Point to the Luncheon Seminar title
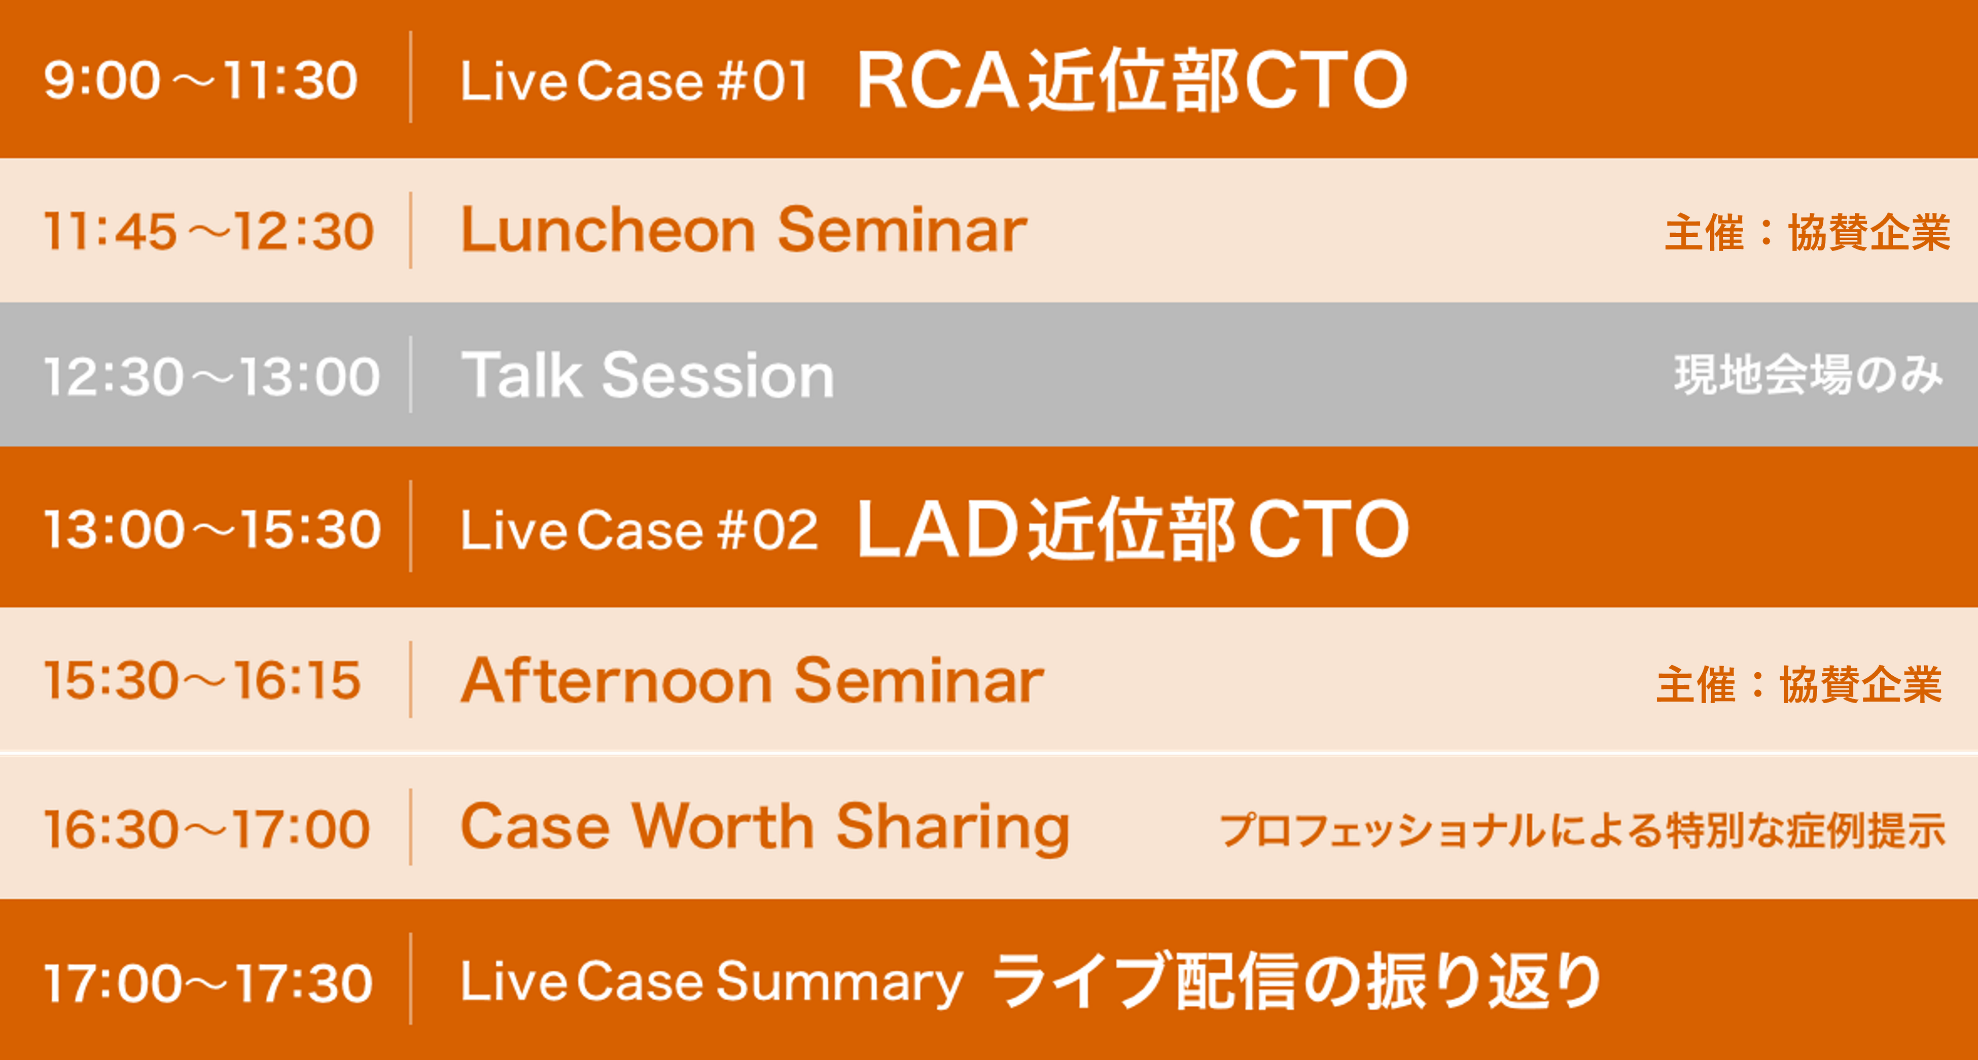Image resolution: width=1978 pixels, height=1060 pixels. [744, 230]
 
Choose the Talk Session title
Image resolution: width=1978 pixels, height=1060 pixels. [647, 375]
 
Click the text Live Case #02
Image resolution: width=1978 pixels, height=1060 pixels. [640, 530]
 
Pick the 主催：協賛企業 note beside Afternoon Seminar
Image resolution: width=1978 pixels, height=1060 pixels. [1799, 684]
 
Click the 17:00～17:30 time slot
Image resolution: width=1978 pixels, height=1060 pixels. [208, 982]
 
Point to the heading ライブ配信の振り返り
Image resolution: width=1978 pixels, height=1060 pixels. [1297, 980]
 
